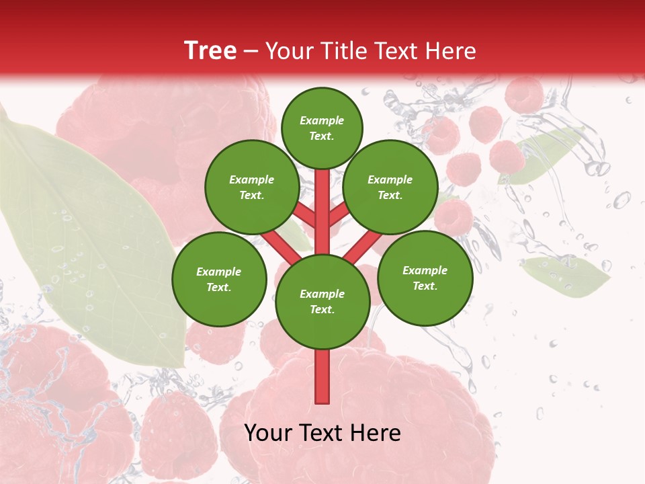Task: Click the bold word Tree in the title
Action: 210,50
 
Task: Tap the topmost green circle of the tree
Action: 322,128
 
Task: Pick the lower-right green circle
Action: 425,278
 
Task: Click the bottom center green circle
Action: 322,302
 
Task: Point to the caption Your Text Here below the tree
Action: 322,433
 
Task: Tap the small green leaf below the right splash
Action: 566,276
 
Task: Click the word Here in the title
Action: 454,50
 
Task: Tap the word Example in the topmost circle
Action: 322,120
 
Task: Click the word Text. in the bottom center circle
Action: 322,310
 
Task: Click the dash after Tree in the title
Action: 251,51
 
